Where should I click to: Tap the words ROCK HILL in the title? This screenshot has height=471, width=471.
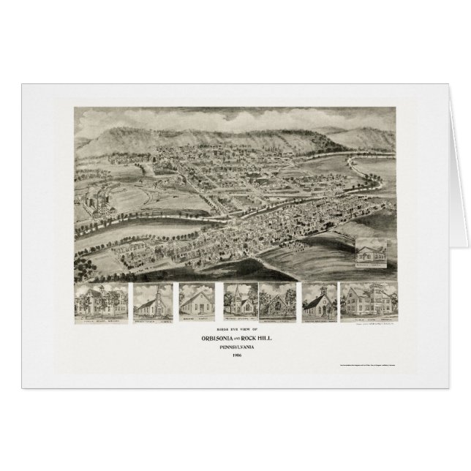pyautogui.click(x=257, y=339)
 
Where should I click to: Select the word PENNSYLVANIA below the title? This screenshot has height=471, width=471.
pyautogui.click(x=235, y=349)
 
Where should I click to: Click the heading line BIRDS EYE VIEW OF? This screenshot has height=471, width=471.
pyautogui.click(x=235, y=330)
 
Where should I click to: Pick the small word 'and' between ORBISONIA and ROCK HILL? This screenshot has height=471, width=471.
pyautogui.click(x=238, y=339)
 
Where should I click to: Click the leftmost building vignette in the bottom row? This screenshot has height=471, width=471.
pyautogui.click(x=100, y=301)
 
